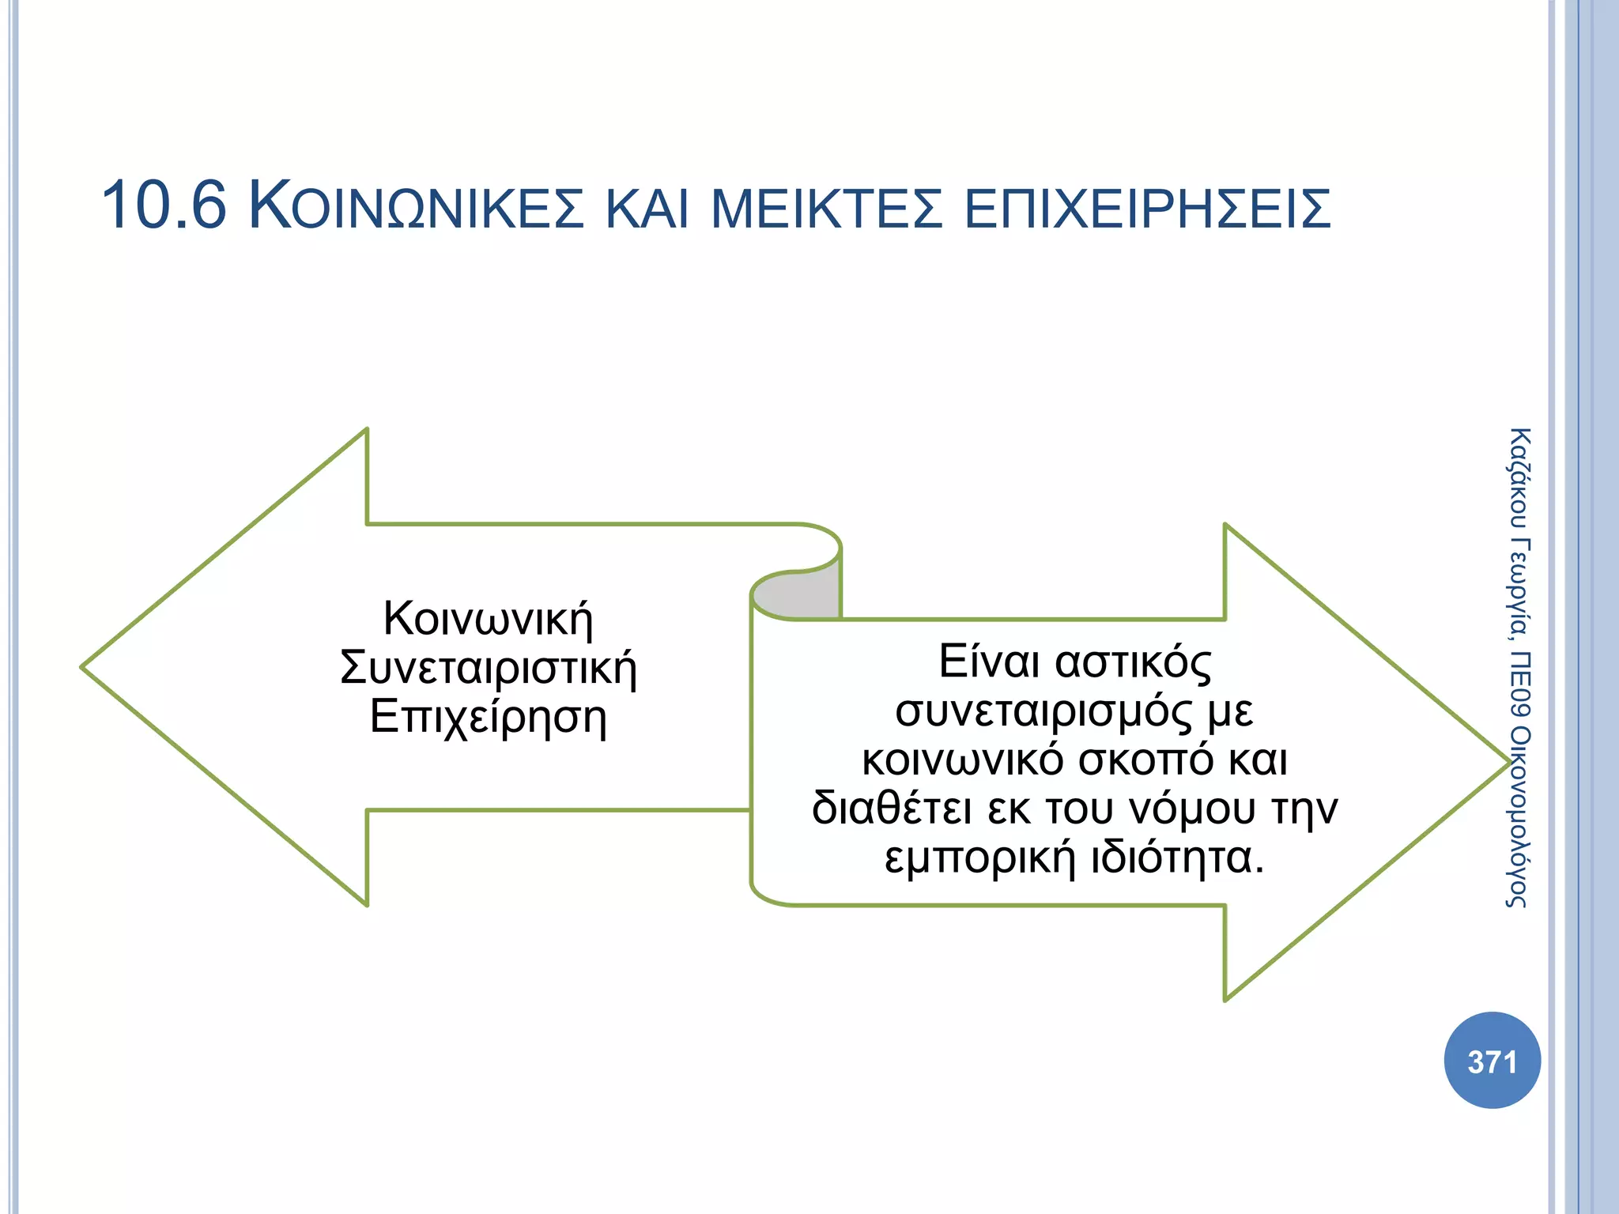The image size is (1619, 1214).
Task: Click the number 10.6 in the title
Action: click(x=164, y=205)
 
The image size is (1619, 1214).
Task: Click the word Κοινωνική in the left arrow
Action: click(x=488, y=619)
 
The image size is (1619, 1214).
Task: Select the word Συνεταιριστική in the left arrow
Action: click(x=488, y=668)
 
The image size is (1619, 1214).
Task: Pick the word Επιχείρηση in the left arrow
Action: click(x=488, y=718)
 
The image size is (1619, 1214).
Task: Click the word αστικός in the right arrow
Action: click(x=1133, y=662)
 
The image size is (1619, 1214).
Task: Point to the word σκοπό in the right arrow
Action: click(x=1145, y=760)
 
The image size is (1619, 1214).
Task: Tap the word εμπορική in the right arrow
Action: click(x=979, y=858)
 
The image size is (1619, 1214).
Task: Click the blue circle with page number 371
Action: click(x=1492, y=1061)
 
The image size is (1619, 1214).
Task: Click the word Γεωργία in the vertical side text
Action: click(x=1519, y=589)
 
